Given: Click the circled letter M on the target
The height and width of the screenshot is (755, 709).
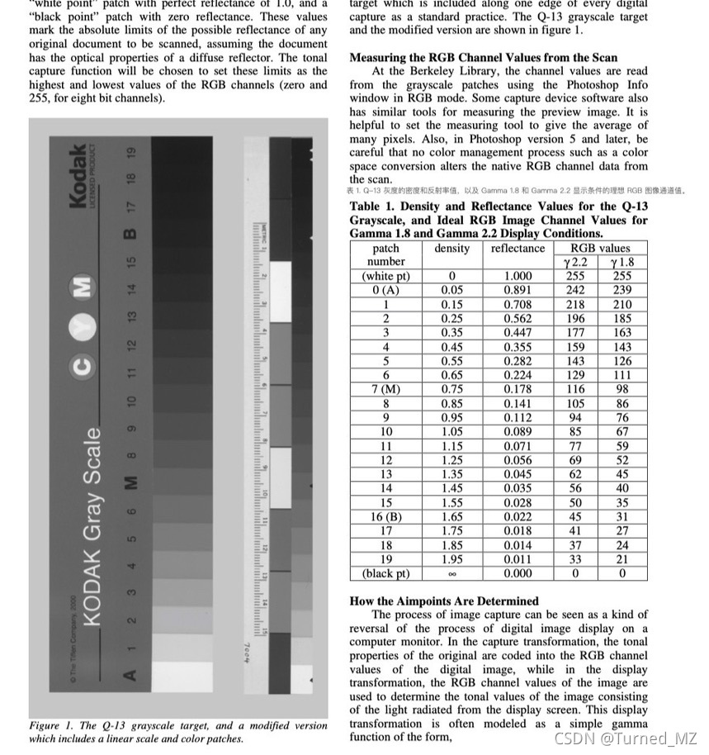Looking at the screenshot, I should tap(81, 287).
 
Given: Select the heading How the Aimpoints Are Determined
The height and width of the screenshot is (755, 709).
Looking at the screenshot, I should tap(444, 601).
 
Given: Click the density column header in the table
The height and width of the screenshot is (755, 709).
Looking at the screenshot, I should tap(451, 249).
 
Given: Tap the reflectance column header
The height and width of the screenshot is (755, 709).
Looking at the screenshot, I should tap(518, 249).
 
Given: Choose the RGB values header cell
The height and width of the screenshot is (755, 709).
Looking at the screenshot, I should tap(599, 249).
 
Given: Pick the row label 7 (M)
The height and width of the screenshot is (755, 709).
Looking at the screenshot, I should tap(385, 389).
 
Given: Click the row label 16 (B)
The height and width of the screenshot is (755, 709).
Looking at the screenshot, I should tap(385, 516).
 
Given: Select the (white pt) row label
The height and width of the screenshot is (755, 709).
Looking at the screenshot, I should tap(385, 276).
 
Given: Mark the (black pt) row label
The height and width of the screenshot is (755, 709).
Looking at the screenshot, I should tap(385, 573).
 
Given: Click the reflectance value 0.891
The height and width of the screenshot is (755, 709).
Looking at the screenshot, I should tap(518, 290).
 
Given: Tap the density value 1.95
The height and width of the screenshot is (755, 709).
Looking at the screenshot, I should tap(451, 558).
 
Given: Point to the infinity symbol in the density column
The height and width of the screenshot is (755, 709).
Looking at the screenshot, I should tap(451, 573).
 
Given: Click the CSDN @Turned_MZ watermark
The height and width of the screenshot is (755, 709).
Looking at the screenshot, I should tap(626, 738).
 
